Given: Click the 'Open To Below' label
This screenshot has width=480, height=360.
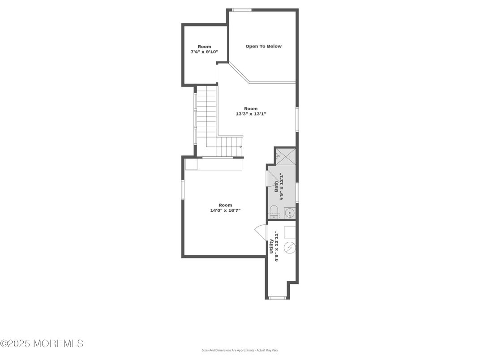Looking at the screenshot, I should [263, 46].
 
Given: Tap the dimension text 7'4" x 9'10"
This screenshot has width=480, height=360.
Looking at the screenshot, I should [204, 52].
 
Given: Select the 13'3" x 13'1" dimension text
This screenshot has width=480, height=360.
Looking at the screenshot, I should [251, 114].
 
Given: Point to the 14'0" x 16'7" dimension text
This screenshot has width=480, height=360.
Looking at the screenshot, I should [225, 210].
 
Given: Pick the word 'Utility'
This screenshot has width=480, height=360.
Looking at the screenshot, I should [271, 246].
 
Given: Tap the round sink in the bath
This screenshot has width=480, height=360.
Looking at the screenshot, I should [290, 213].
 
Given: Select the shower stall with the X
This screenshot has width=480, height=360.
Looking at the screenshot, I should [285, 156].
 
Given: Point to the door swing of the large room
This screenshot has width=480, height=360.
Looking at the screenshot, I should [261, 232].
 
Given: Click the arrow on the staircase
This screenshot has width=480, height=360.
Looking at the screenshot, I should [240, 146].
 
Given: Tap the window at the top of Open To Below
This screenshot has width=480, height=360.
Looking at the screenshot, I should [241, 10].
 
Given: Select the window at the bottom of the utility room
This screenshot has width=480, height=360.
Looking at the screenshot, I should [278, 298].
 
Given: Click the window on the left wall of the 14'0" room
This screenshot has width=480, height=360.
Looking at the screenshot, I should [183, 189].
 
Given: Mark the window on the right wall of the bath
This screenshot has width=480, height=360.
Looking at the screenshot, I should [297, 193].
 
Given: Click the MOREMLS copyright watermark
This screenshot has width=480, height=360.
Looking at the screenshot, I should [42, 344].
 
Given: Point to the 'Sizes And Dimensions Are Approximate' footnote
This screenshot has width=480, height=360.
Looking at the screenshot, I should [240, 350].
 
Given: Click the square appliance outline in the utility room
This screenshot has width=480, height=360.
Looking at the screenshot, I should [290, 232].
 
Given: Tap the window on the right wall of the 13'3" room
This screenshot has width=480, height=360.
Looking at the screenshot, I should [297, 119].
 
